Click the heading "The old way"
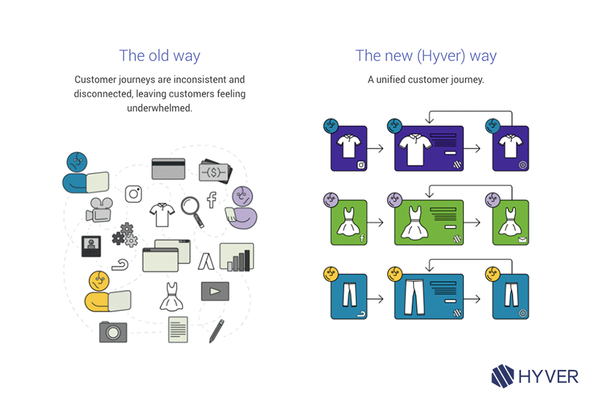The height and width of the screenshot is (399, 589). [x=159, y=56]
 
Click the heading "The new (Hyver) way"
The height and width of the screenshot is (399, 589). [x=425, y=56]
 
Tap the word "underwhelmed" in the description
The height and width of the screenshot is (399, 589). [x=159, y=108]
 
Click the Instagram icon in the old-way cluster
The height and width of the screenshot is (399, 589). [x=134, y=194]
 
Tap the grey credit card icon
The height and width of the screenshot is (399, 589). [x=168, y=169]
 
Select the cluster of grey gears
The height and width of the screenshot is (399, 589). [x=125, y=235]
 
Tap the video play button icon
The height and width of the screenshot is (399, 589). [x=214, y=290]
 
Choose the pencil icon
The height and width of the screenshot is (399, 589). [x=217, y=330]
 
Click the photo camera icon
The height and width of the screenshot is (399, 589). [x=112, y=331]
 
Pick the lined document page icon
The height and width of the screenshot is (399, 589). [x=178, y=329]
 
